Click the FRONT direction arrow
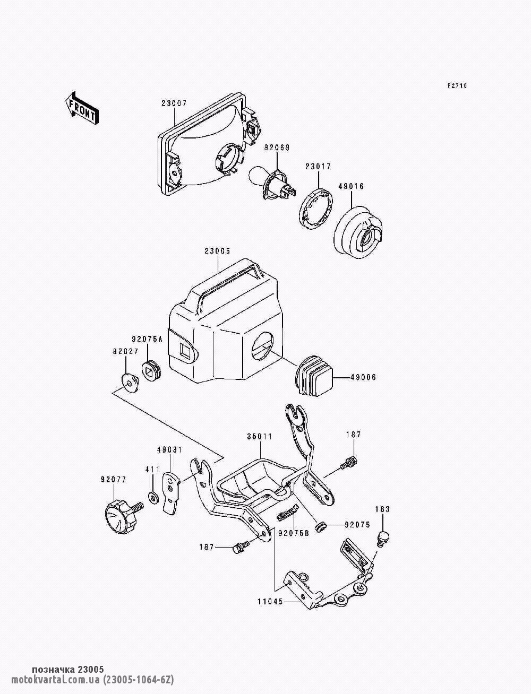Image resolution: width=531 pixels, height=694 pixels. pyautogui.click(x=81, y=108)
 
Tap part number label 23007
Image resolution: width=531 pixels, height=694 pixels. pyautogui.click(x=174, y=103)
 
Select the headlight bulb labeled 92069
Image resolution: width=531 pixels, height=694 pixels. pyautogui.click(x=273, y=184)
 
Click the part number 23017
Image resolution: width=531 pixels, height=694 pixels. pyautogui.click(x=318, y=166)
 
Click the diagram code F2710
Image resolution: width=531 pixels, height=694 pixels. pyautogui.click(x=457, y=85)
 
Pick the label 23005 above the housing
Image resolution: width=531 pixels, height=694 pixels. pyautogui.click(x=217, y=251)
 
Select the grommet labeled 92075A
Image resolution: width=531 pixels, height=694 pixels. pyautogui.click(x=151, y=369)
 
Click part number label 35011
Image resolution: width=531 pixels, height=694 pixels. pyautogui.click(x=260, y=437)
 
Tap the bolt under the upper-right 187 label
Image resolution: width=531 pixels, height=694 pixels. pyautogui.click(x=349, y=463)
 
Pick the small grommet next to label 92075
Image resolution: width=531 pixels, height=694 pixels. pyautogui.click(x=321, y=526)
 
